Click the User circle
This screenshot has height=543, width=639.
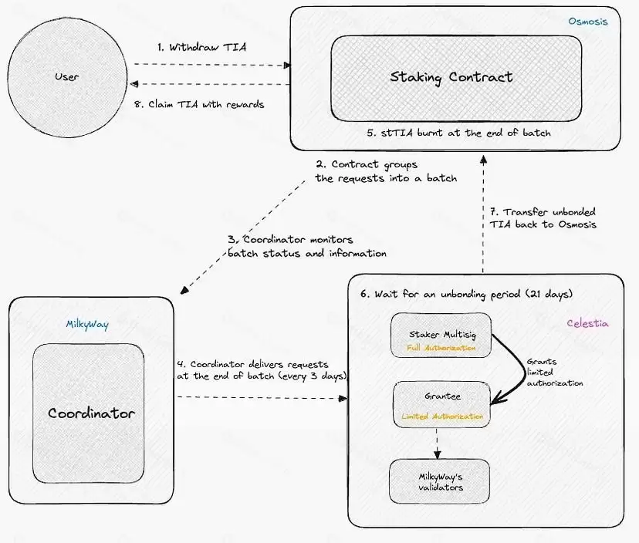67,77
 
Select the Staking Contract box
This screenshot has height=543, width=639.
451,77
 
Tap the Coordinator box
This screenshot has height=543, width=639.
91,413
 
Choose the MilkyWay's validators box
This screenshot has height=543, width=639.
440,482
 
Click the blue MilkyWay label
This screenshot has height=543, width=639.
87,325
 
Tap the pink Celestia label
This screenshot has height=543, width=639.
587,324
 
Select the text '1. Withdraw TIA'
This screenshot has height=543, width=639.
201,47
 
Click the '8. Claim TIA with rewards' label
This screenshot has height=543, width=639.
202,104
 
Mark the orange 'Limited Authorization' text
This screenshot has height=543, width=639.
442,417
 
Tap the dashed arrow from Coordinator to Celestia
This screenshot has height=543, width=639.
258,398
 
